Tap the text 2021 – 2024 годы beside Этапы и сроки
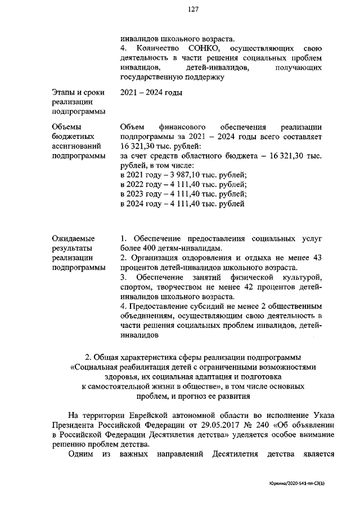151,92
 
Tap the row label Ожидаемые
73,238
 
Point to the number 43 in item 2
316,258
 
